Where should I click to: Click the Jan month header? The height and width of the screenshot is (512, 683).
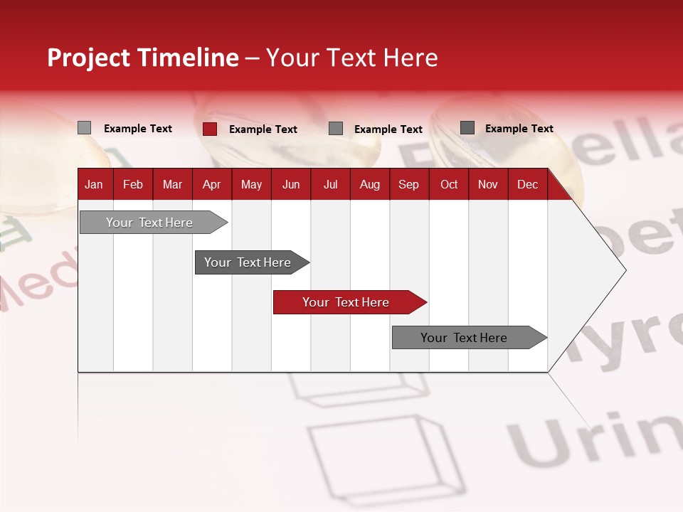tap(95, 184)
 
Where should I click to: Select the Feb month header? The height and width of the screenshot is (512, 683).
tap(133, 184)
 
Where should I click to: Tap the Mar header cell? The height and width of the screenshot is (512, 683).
tap(172, 184)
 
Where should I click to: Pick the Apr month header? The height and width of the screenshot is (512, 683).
tap(212, 184)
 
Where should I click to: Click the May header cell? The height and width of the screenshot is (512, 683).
tap(251, 184)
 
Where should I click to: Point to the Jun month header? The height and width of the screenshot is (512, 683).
tap(291, 184)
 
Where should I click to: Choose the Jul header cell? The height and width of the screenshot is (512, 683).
tap(330, 184)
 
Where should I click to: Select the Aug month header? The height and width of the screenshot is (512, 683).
tap(370, 184)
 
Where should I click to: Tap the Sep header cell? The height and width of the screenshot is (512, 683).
tap(409, 184)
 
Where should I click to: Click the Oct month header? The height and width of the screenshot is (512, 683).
tap(449, 184)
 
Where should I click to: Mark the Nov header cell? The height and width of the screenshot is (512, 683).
tap(488, 184)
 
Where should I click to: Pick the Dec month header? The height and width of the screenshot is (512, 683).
tap(527, 184)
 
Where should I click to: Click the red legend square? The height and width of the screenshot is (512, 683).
tap(209, 129)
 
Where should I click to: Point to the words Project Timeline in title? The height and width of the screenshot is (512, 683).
tap(143, 58)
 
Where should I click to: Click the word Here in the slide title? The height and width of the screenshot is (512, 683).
tap(411, 58)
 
